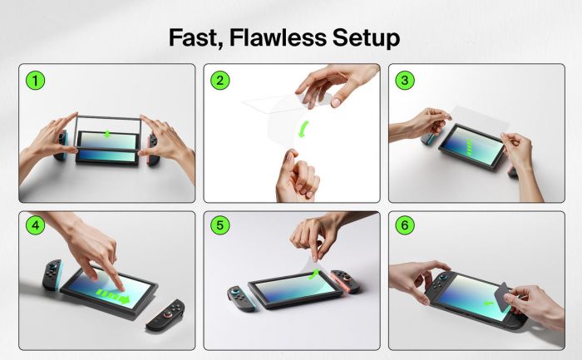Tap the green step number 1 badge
coord(34,81)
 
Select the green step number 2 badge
coord(219,81)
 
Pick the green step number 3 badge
coord(405,81)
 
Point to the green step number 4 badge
coord(34,226)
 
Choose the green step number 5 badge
coord(219,226)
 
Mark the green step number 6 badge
coord(405,226)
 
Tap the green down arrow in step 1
coord(106,134)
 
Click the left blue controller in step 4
coord(52,275)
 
